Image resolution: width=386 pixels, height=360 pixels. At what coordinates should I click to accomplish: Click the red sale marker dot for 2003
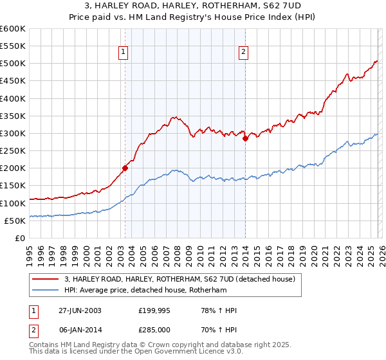pyautogui.click(x=125, y=168)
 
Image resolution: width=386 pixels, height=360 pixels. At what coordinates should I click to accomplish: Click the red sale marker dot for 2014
pyautogui.click(x=245, y=139)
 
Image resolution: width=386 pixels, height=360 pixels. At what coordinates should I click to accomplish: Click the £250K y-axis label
pyautogui.click(x=13, y=151)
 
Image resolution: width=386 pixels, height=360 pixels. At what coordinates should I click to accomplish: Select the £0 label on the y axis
pyautogui.click(x=19, y=238)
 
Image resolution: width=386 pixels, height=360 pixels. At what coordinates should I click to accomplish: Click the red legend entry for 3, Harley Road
pyautogui.click(x=179, y=279)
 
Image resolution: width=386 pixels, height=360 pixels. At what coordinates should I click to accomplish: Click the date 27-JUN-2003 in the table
pyautogui.click(x=80, y=310)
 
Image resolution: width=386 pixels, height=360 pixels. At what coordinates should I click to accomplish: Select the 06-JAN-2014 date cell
pyautogui.click(x=80, y=330)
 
